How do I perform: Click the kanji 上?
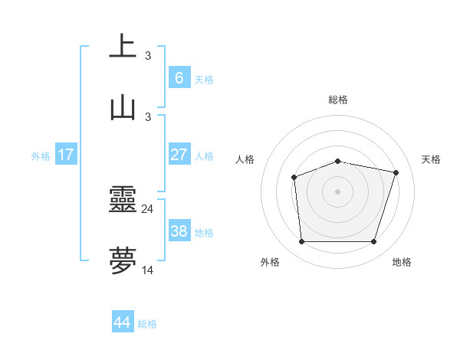pos(123,46)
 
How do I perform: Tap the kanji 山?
pos(123,106)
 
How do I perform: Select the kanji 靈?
pos(123,201)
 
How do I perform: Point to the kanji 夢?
pos(123,261)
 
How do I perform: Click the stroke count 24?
pos(148,208)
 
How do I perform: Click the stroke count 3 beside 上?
pos(148,55)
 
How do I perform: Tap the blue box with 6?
pos(179,77)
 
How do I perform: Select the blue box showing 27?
pos(179,155)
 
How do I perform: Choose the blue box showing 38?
pos(179,231)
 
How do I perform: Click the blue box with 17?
pos(66,155)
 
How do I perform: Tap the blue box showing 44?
pos(123,322)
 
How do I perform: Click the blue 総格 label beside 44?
pos(147,324)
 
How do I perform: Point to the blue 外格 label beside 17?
pos(41,156)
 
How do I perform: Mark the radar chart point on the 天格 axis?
pos(396,172)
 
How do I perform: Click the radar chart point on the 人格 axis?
pos(294,178)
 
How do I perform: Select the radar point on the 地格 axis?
pos(374,242)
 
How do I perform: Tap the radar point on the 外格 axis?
pos(301,242)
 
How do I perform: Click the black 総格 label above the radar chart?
pos(338,100)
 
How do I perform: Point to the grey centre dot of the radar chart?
pos(338,191)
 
